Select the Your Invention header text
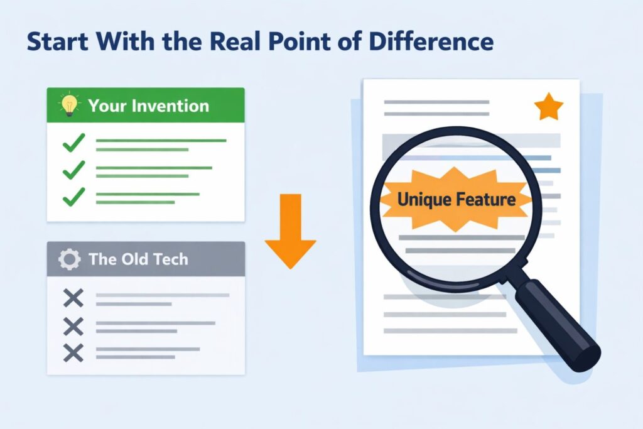coord(149,105)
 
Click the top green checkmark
coord(73,144)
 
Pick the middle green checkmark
coord(73,171)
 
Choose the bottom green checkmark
coord(73,197)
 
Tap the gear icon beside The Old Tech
coord(69,259)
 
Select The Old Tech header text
coord(138,259)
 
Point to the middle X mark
coord(73,326)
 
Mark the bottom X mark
coord(73,353)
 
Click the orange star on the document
coord(549,108)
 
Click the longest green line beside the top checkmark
coord(161,140)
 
